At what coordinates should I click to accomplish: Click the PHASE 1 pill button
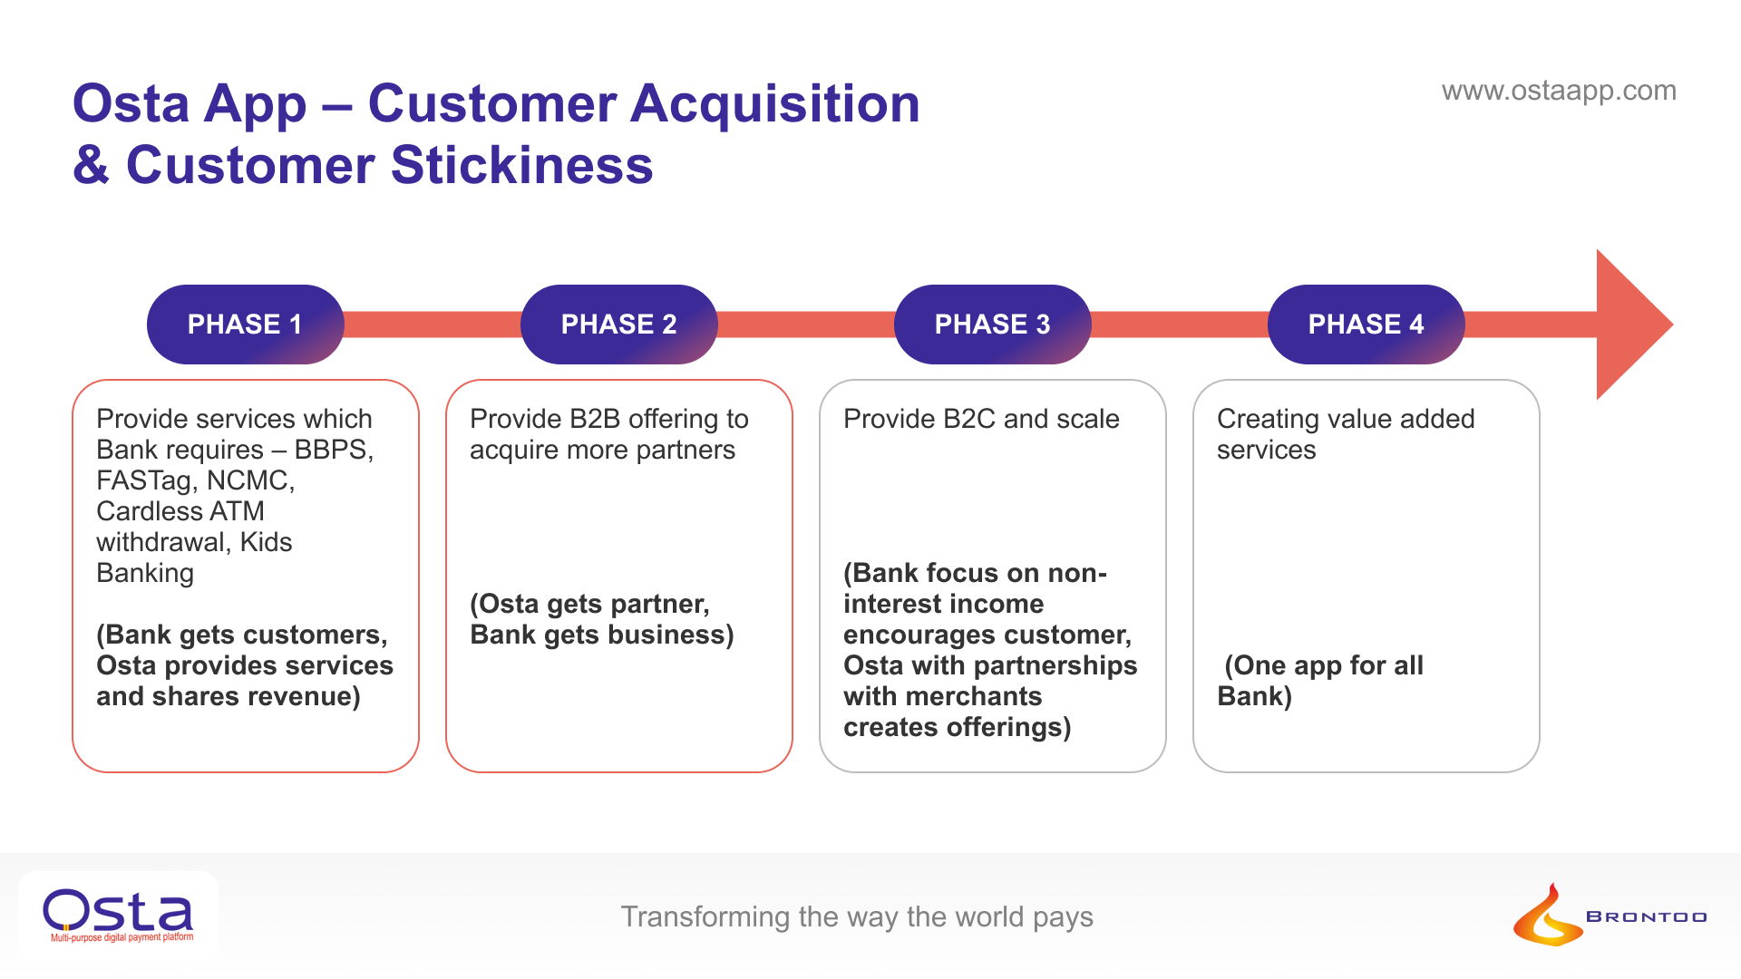(245, 325)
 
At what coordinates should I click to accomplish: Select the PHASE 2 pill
(618, 325)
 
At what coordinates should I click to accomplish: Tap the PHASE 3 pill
(992, 325)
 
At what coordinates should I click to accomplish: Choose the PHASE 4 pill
(1366, 325)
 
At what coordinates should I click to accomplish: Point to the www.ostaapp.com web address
(1559, 91)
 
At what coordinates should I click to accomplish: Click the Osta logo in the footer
(118, 914)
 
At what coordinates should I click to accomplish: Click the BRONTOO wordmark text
(1646, 917)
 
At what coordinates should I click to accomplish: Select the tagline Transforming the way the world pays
(857, 916)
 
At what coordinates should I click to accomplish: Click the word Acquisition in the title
(775, 103)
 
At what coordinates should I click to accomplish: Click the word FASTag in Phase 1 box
(148, 480)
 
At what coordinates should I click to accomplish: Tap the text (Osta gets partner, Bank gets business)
(601, 619)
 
